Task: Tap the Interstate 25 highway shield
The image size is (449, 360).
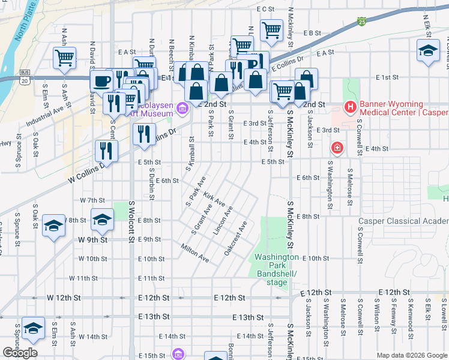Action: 361,22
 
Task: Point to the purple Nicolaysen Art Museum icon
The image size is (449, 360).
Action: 183,109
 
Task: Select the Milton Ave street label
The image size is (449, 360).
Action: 195,253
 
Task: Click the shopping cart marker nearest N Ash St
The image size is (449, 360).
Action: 64,58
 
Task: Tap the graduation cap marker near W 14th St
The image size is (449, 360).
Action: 33,328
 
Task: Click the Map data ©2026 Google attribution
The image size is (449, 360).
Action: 411,355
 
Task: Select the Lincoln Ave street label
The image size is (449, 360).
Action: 223,223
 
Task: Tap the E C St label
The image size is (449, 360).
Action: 265,9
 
